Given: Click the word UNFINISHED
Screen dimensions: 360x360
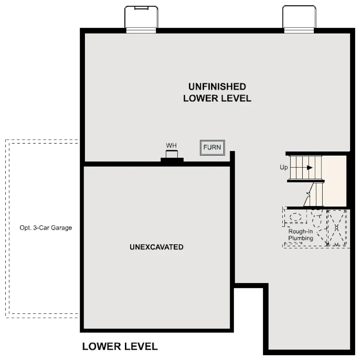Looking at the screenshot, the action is click(x=217, y=87).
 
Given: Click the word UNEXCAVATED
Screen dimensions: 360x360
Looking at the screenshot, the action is click(x=156, y=247).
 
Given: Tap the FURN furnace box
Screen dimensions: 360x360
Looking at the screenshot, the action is click(x=212, y=148).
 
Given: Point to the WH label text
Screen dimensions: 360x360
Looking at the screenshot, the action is click(x=171, y=146).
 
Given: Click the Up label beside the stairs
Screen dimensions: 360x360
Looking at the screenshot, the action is click(x=284, y=168).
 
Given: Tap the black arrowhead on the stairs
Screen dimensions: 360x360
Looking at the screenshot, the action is click(x=310, y=168).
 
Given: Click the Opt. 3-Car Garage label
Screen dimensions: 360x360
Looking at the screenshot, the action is click(x=46, y=228).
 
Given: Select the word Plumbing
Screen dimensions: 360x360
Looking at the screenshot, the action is click(x=301, y=238).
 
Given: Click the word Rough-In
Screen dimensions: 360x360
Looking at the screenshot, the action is click(x=300, y=231).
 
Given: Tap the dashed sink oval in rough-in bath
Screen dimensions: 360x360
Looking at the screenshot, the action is click(x=296, y=217).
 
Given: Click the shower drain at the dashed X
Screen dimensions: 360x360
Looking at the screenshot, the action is click(x=336, y=228).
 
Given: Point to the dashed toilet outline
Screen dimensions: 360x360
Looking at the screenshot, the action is click(x=317, y=220).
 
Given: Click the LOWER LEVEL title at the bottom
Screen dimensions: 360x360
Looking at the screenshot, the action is click(x=120, y=347).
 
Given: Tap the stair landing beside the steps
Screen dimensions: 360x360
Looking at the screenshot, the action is click(x=334, y=181).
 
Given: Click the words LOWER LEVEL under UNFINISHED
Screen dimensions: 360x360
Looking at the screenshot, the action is click(x=217, y=98).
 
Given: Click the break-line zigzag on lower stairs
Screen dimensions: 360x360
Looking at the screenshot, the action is click(x=308, y=194).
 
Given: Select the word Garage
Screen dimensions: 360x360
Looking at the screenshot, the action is click(x=61, y=228).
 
